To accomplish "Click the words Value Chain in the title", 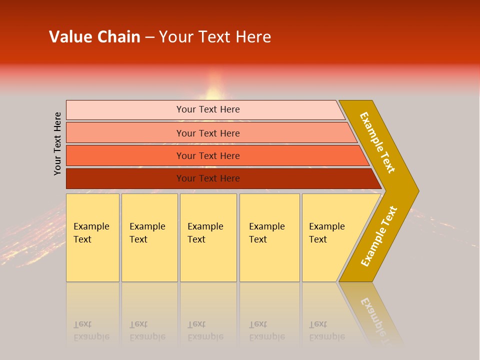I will pos(94,37).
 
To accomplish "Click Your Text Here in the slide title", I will pos(215,37).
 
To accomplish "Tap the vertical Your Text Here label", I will pos(57,144).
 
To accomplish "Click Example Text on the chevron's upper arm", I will pos(377,142).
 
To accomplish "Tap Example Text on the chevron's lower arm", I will pos(378,236).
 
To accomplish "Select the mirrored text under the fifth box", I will pos(326,330).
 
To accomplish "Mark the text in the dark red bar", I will pos(208,178).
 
